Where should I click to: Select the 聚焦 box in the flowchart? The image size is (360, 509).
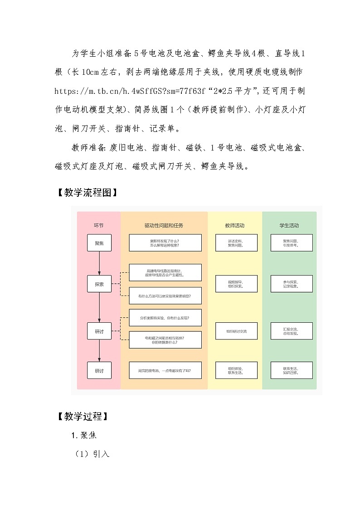click(x=99, y=243)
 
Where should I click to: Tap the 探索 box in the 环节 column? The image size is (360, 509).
click(x=99, y=284)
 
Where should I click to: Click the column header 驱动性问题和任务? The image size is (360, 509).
click(x=164, y=225)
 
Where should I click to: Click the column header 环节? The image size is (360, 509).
click(x=99, y=225)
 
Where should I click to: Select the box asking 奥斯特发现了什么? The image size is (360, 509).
click(x=165, y=243)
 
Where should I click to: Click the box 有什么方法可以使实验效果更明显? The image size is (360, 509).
click(x=165, y=296)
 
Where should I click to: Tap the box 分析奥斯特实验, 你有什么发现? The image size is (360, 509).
click(x=165, y=318)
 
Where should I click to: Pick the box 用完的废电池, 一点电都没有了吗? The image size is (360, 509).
click(x=165, y=370)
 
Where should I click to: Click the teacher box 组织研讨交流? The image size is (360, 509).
click(x=236, y=331)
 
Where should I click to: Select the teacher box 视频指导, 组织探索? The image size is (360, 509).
click(x=236, y=284)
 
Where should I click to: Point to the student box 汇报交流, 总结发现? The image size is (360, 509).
click(x=292, y=331)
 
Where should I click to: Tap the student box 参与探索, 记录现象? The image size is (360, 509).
click(x=292, y=284)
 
